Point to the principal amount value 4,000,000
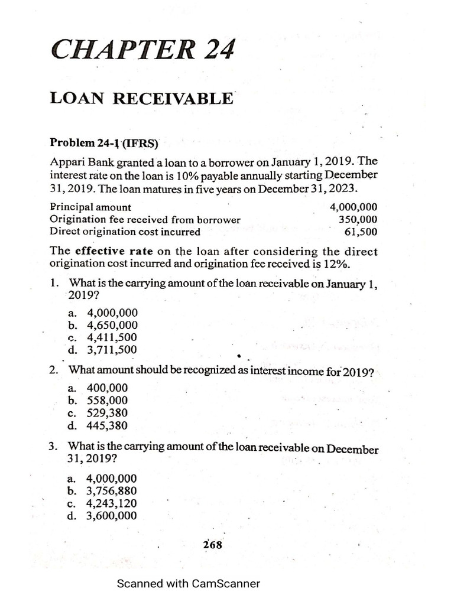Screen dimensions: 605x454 pos(354,207)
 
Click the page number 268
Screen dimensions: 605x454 pos(212,545)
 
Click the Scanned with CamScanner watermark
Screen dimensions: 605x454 pos(188,584)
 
